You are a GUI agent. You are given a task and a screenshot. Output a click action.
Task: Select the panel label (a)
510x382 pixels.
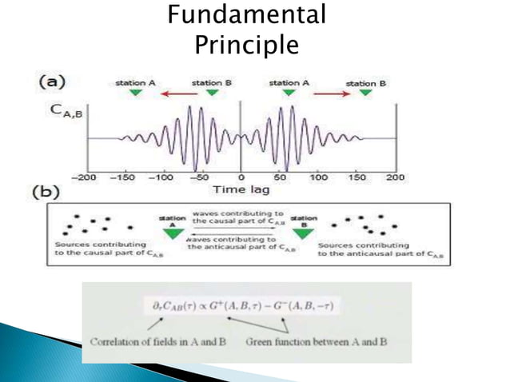coord(52,82)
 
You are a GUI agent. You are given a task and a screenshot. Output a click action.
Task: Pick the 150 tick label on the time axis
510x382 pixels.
coord(357,177)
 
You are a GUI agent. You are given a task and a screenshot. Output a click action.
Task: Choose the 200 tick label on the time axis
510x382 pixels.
coord(395,177)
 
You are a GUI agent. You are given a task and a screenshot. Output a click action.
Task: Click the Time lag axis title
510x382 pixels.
coord(240,189)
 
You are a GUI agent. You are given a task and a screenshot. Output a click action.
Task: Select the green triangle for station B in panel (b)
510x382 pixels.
coord(301,232)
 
